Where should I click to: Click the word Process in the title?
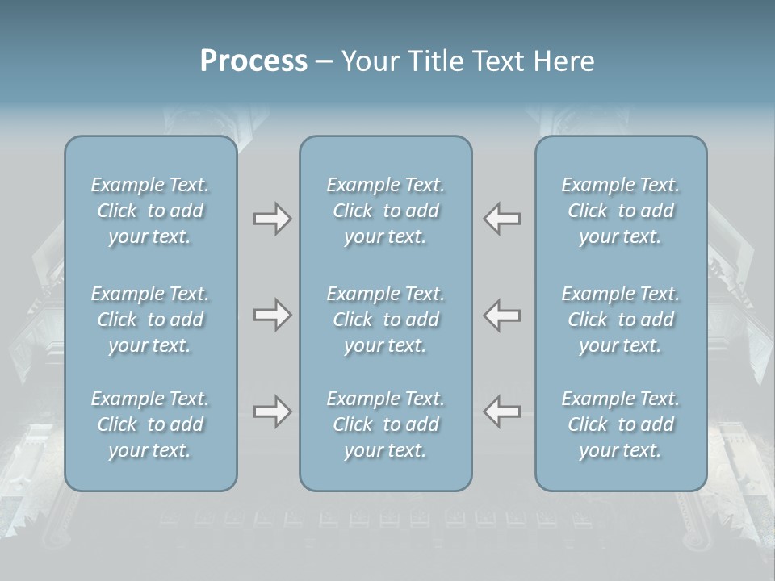click(253, 61)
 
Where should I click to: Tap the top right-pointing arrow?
click(272, 219)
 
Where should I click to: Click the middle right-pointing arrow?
click(272, 316)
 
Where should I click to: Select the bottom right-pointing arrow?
click(272, 412)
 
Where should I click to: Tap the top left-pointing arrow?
click(502, 219)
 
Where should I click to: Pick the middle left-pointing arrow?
click(502, 316)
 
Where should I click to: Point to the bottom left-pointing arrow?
click(502, 412)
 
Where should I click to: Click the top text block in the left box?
click(150, 211)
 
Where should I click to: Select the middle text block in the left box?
click(150, 320)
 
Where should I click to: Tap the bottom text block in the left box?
click(150, 424)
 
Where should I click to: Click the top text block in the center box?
click(385, 211)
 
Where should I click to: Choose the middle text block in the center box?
click(385, 320)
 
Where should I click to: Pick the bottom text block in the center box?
click(385, 424)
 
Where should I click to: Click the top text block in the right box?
click(620, 211)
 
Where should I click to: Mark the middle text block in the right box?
click(620, 320)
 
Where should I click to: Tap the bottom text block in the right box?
click(620, 424)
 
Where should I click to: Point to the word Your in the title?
click(367, 61)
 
